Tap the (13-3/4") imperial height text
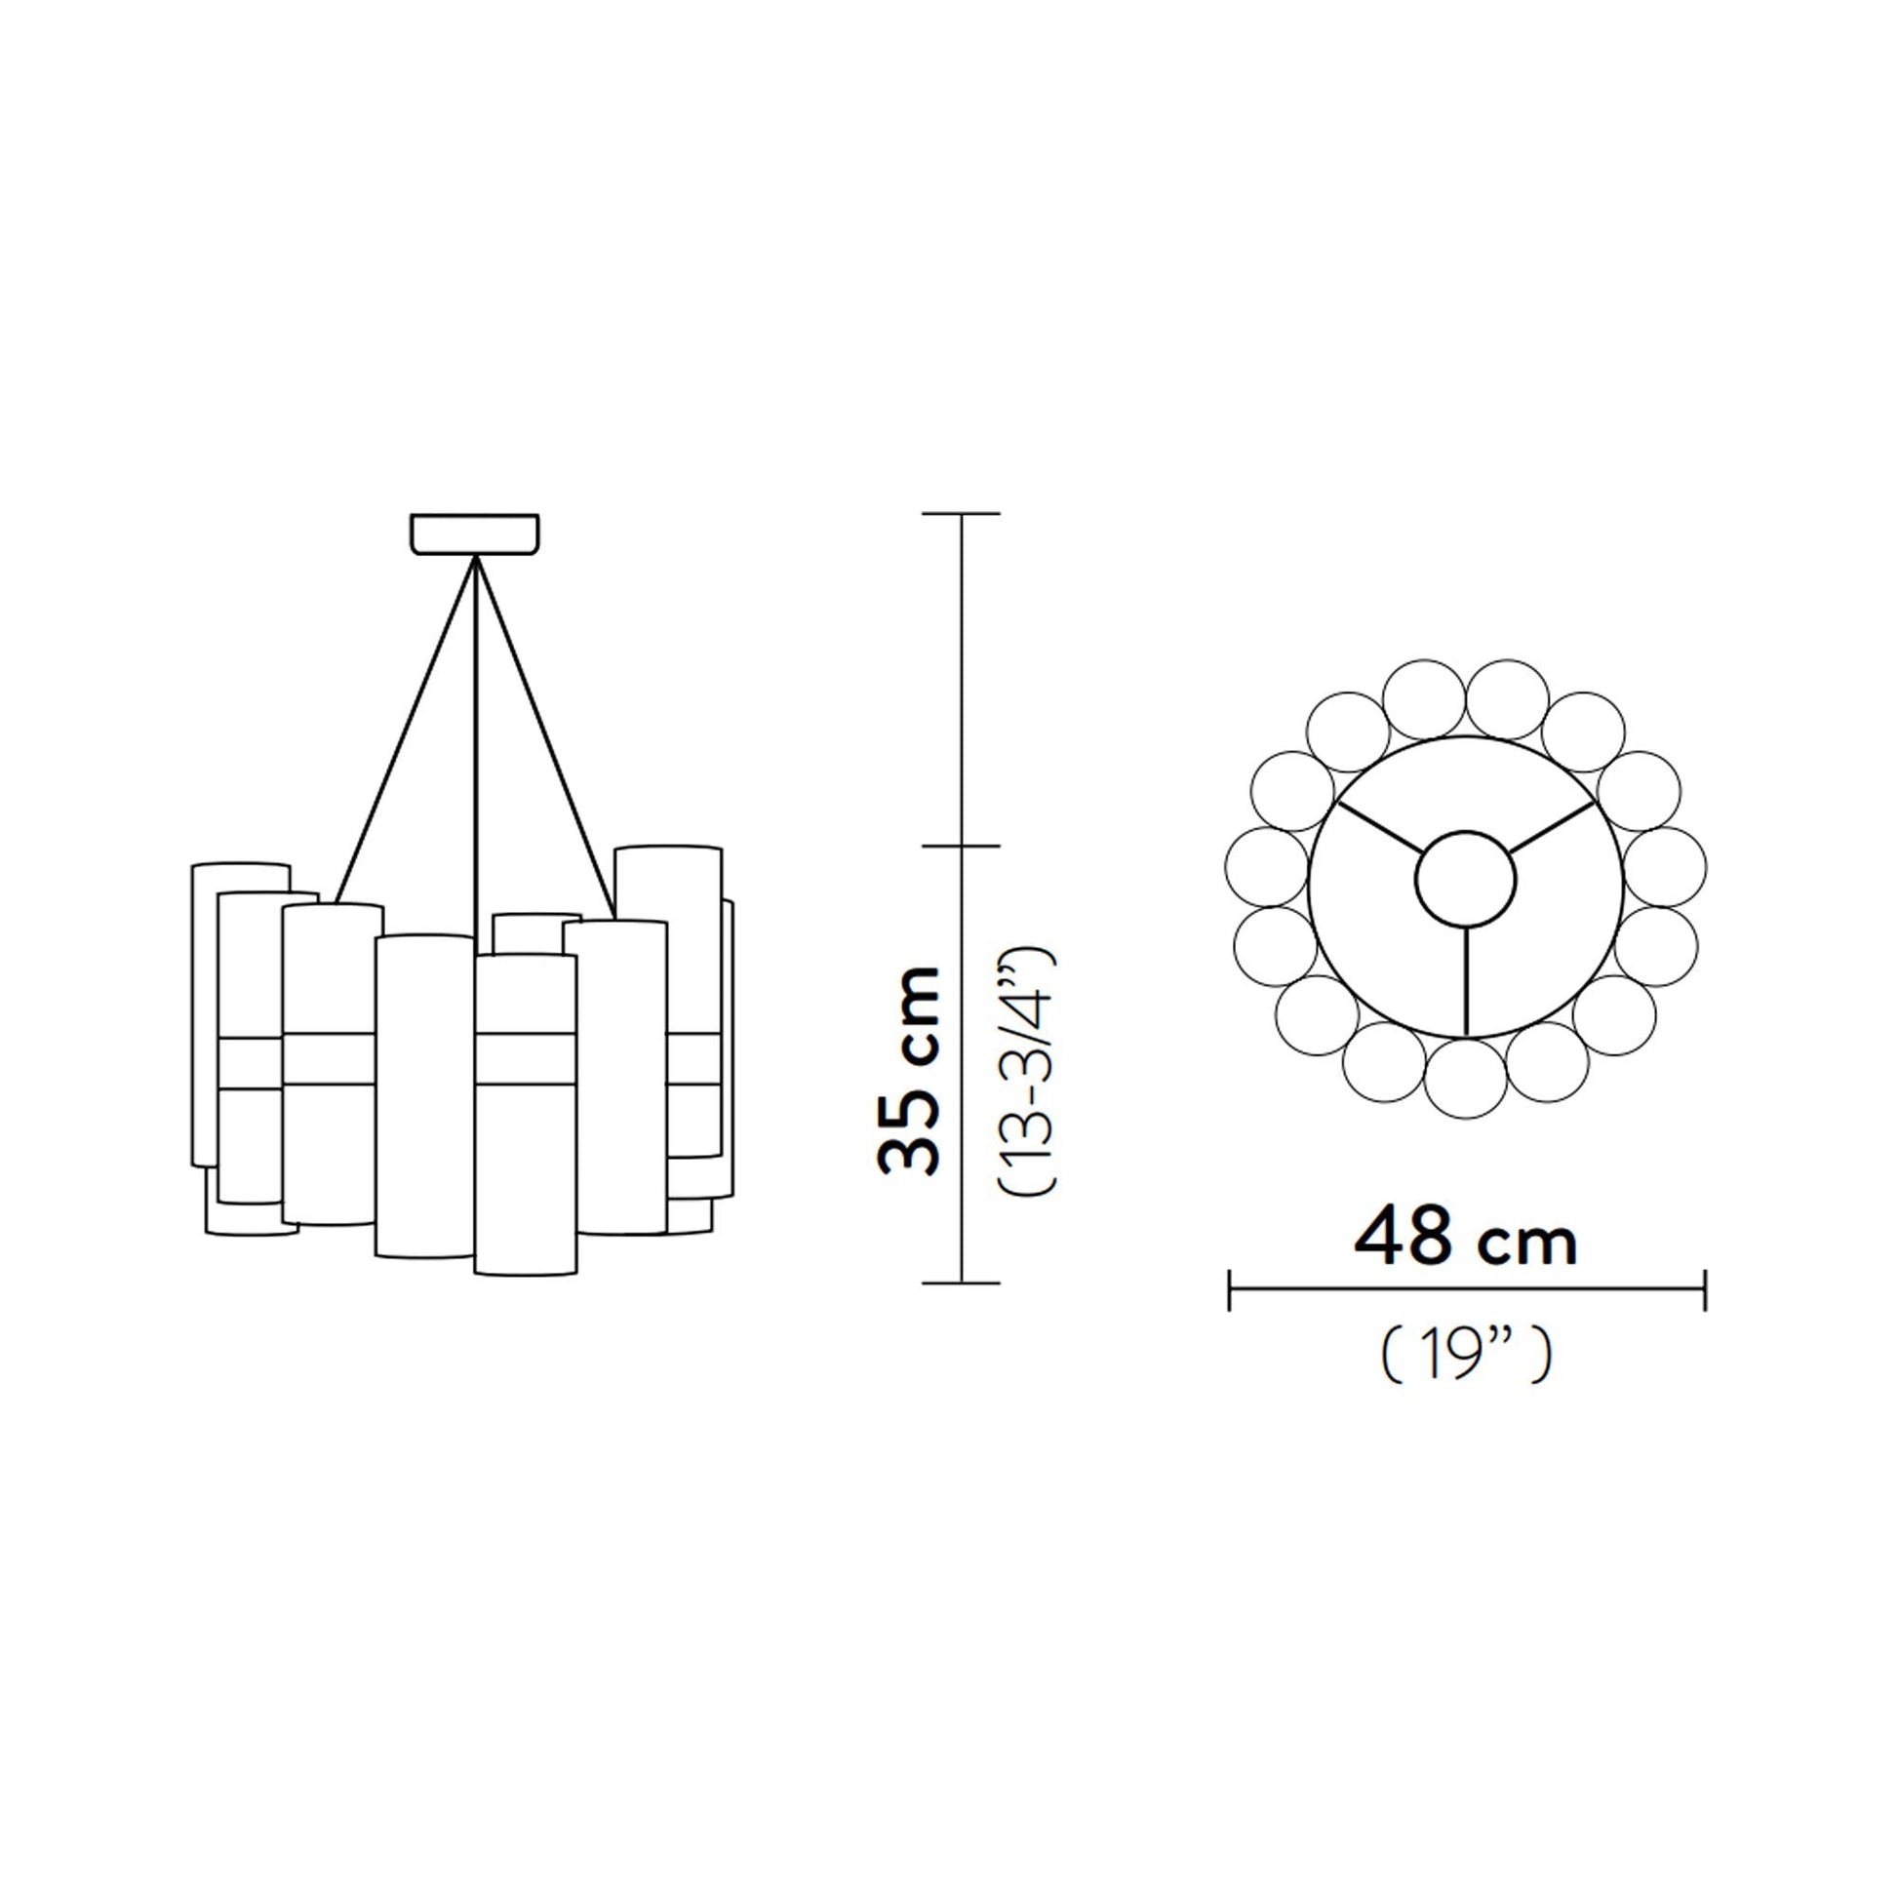[1028, 1071]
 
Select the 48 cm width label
[1465, 1241]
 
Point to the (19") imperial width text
[1466, 1357]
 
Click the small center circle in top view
[1466, 877]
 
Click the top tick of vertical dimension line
[962, 514]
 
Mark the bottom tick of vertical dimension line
[962, 1283]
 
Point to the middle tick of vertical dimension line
[962, 846]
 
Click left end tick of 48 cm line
[1229, 1290]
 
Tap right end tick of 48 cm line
[1705, 1290]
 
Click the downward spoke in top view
[1466, 981]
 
